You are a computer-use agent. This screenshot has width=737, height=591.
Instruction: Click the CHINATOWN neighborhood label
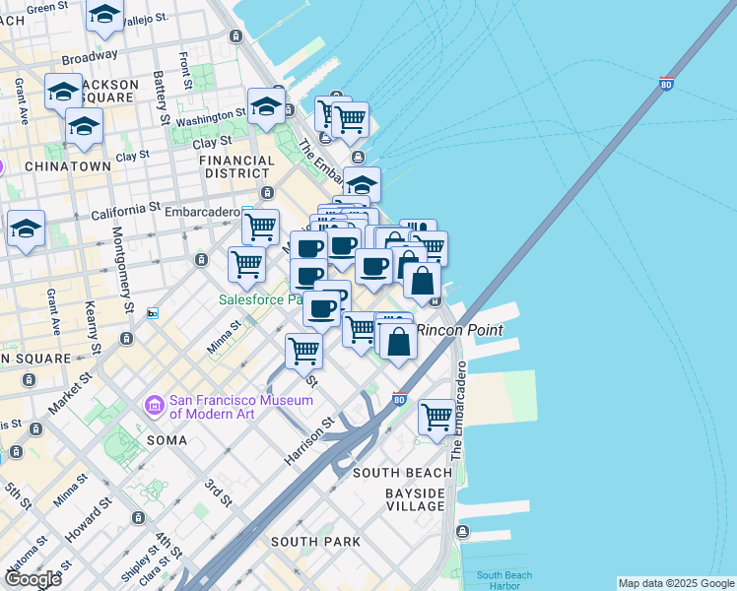(x=68, y=166)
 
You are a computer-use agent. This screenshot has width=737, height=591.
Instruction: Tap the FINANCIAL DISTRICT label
(x=236, y=166)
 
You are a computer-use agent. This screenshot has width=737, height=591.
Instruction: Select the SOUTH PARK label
(x=315, y=542)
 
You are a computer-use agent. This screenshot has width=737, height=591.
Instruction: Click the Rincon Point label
(x=460, y=330)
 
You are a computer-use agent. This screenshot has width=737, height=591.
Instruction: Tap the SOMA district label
(x=167, y=439)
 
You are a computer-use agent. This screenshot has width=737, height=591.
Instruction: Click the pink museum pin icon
(x=154, y=405)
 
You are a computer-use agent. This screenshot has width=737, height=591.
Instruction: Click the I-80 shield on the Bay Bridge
(x=667, y=84)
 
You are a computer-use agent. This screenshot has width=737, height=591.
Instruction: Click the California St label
(x=125, y=211)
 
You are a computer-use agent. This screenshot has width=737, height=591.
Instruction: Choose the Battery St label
(x=159, y=90)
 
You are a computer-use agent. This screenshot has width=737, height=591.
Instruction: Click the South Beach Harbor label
(x=503, y=580)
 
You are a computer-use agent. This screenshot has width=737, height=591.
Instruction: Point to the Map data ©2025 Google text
(x=676, y=583)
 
